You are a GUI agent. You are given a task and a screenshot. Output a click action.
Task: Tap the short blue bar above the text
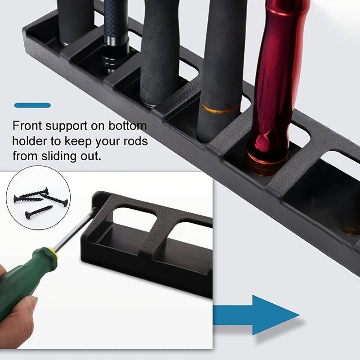pos(32,105)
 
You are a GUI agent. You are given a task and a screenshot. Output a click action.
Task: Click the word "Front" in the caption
pos(27,126)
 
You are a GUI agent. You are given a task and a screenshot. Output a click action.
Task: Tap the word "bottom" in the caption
pos(127,126)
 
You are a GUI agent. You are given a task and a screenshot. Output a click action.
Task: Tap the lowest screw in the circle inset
pos(39,212)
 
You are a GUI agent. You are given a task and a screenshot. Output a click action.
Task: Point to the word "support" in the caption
pos(66,126)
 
